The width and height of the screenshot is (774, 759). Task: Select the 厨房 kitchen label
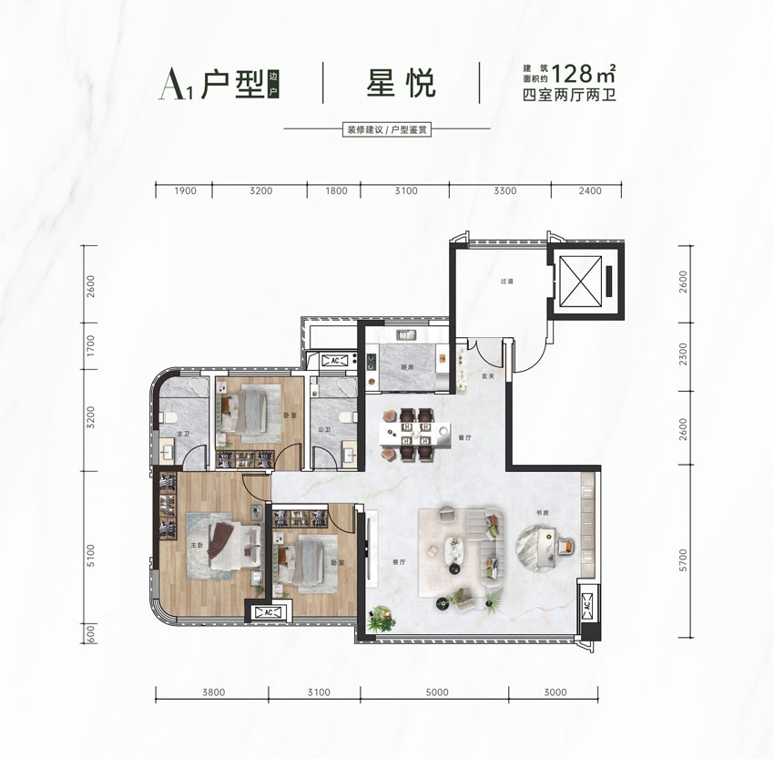(407, 367)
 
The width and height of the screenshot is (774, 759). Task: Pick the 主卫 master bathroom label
(182, 435)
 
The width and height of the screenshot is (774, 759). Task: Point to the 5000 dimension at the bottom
(437, 692)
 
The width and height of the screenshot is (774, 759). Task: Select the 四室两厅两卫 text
(569, 95)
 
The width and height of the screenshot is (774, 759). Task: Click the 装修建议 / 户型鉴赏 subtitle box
(387, 130)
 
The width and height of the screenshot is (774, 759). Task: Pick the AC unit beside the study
(586, 604)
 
